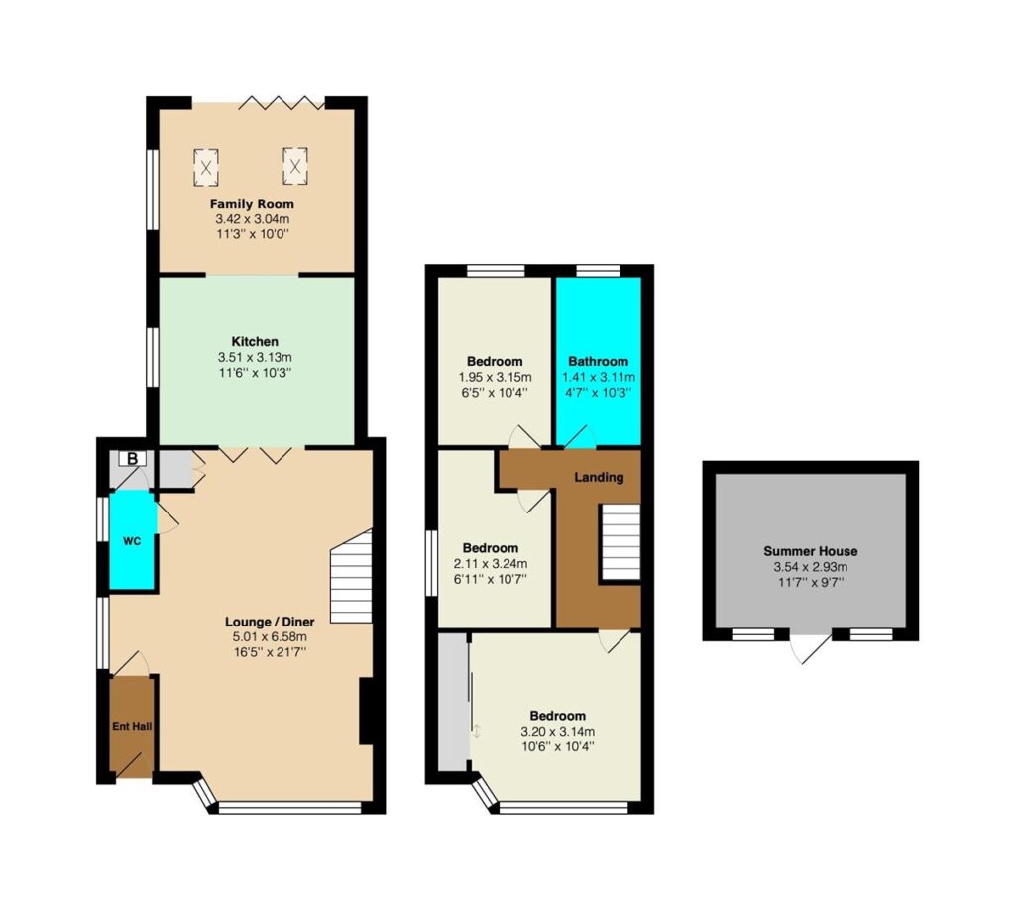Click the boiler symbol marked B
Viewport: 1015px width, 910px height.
[x=132, y=459]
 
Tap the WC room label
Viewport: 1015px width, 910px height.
[x=132, y=541]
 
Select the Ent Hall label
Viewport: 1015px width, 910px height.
[x=132, y=727]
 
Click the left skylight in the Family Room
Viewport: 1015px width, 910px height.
[x=206, y=167]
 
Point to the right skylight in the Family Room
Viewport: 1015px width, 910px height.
[x=294, y=167]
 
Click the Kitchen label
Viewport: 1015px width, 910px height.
[x=255, y=342]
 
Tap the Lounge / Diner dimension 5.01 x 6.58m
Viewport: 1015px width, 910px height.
[x=270, y=637]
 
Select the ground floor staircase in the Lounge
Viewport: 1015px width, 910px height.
[x=352, y=576]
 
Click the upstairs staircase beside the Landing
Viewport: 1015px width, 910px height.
[x=620, y=541]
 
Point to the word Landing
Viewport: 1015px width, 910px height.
[x=599, y=477]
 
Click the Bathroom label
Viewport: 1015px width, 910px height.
[x=598, y=361]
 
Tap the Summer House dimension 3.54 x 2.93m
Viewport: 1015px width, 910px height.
[x=811, y=567]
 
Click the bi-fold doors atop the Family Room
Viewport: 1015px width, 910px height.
[x=281, y=102]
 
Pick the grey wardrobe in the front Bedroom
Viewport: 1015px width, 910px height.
[x=452, y=702]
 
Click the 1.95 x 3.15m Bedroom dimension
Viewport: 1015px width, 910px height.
[x=496, y=377]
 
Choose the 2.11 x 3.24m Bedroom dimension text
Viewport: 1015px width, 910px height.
[x=491, y=564]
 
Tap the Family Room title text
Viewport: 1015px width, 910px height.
[x=252, y=204]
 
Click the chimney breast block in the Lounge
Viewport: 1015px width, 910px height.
[x=367, y=711]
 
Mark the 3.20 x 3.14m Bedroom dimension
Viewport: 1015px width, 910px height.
[x=557, y=732]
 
